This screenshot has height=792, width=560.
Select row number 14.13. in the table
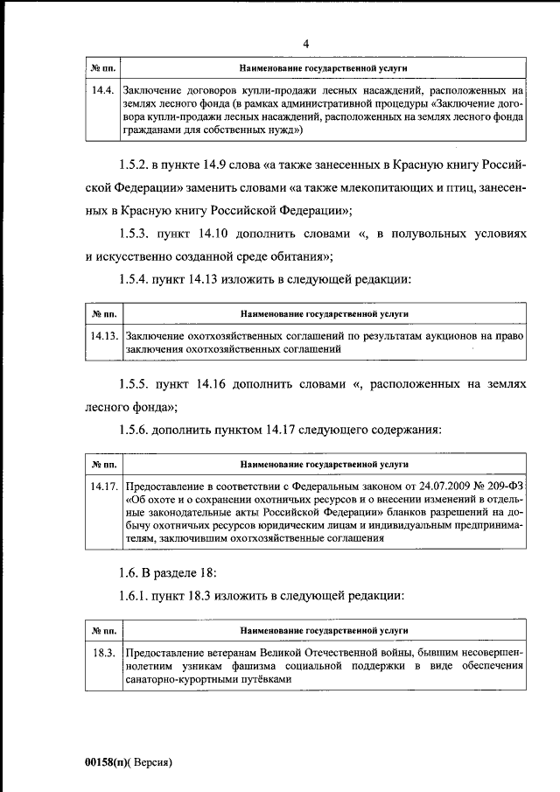pyautogui.click(x=104, y=335)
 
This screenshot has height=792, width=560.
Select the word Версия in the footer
pyautogui.click(x=151, y=762)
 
